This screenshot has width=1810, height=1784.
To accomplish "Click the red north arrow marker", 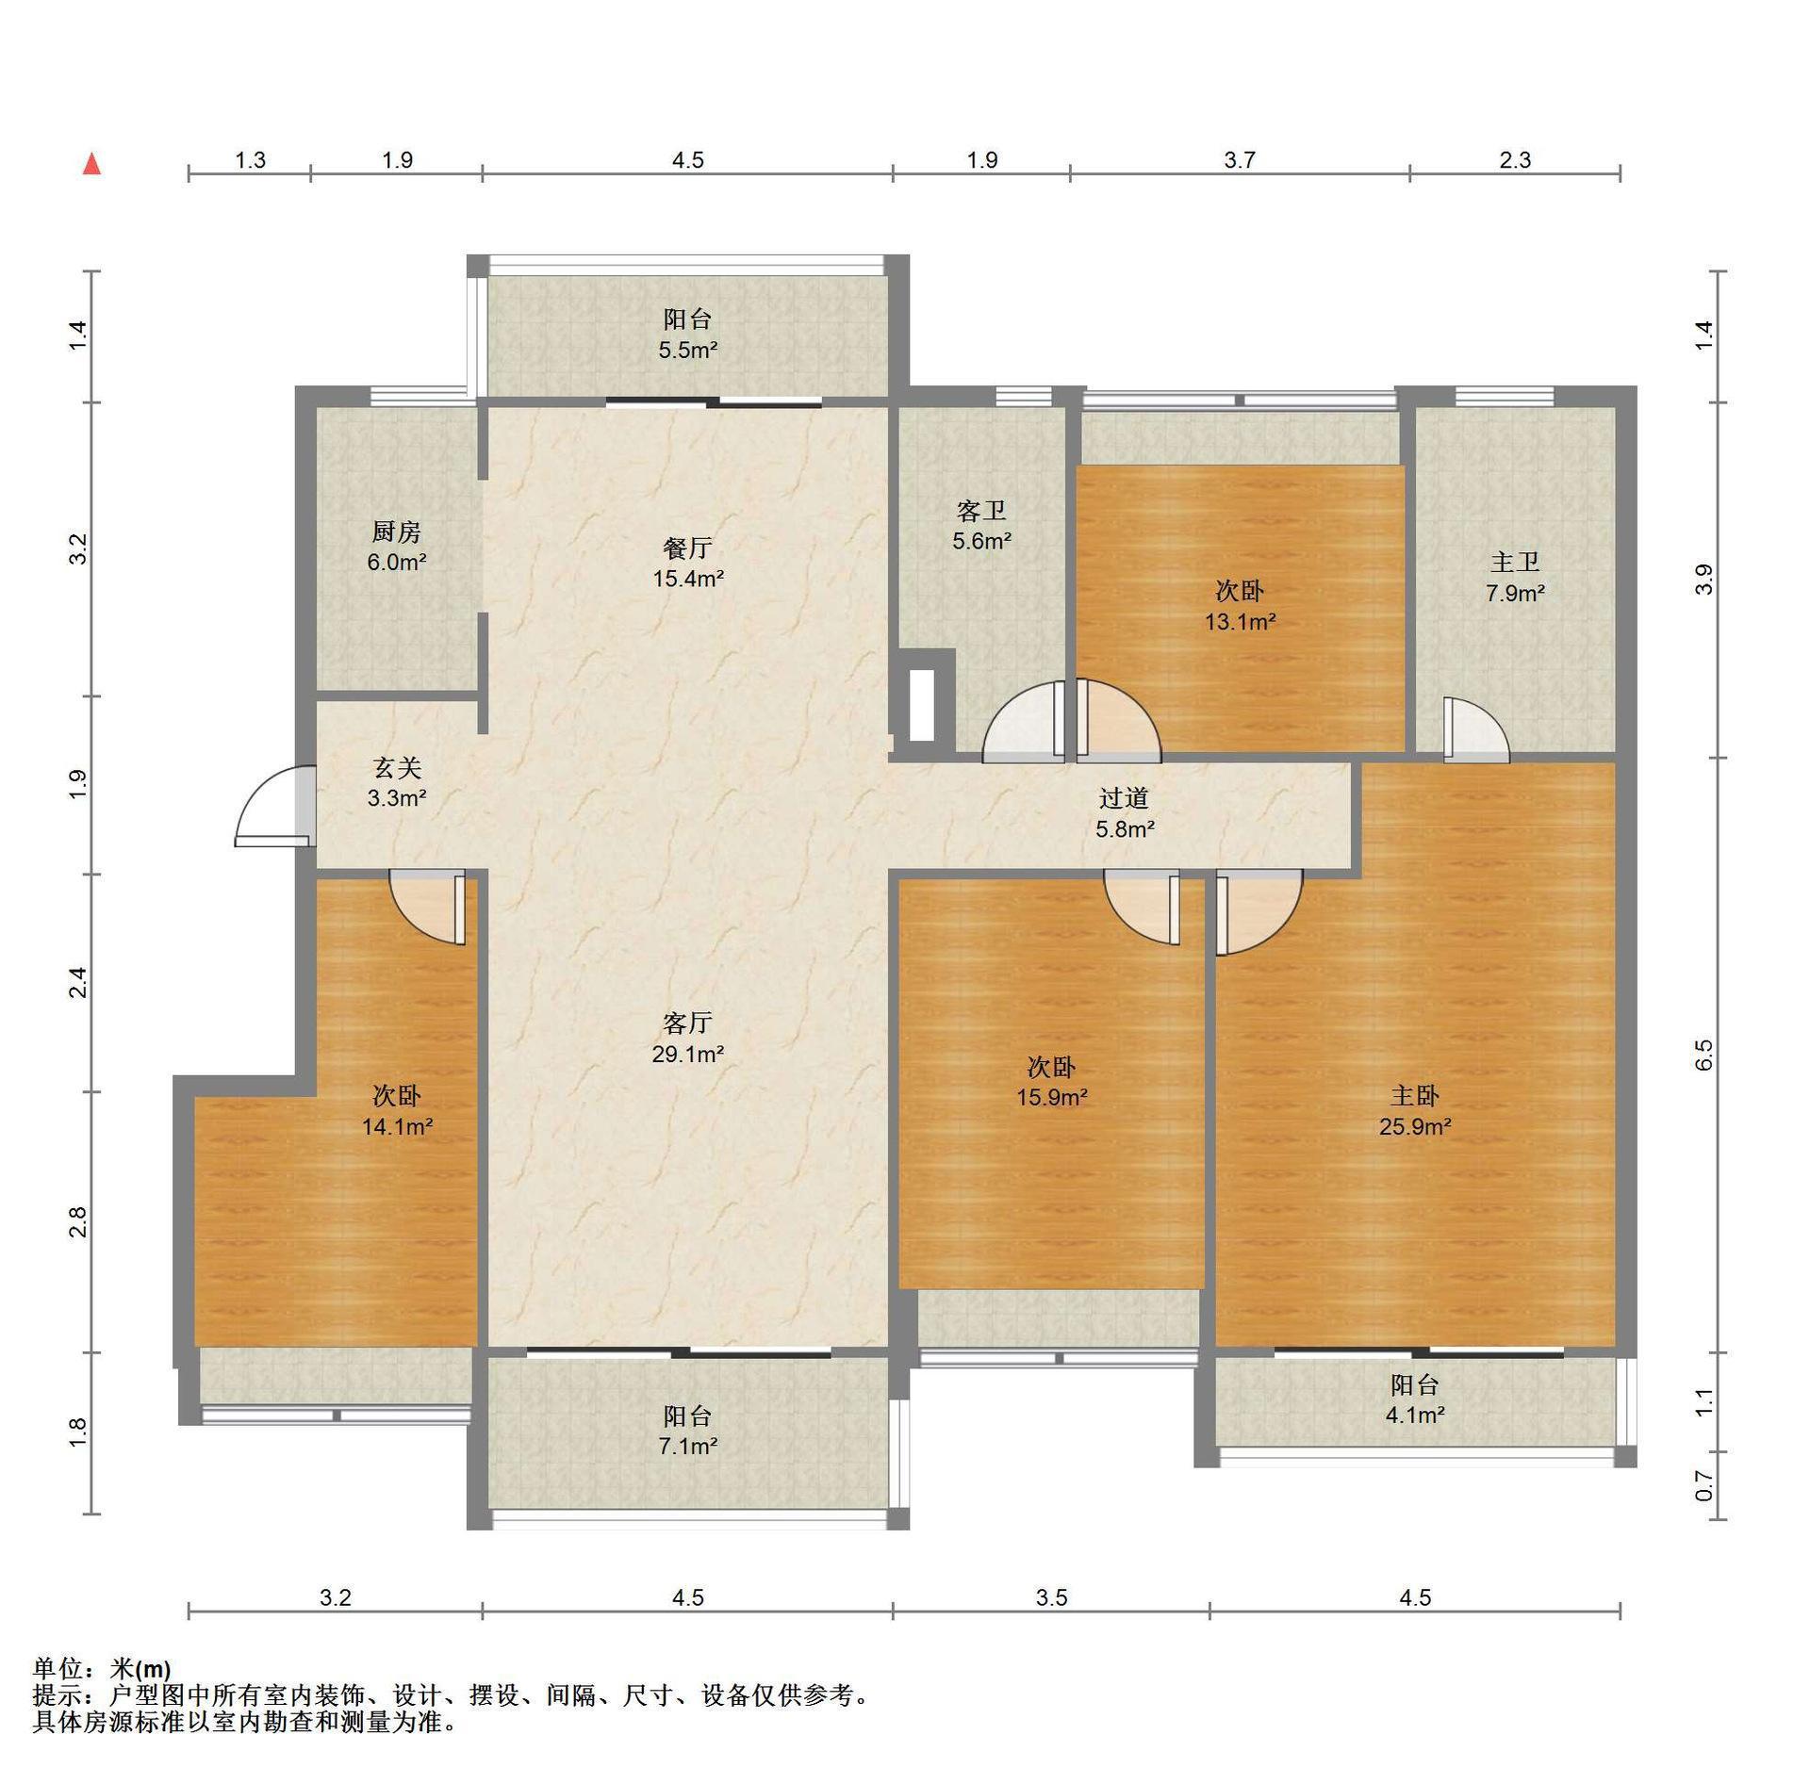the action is pyautogui.click(x=91, y=164).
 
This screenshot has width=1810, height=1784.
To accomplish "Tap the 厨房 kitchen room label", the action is pyautogui.click(x=396, y=532).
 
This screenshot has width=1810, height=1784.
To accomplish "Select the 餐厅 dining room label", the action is pyautogui.click(x=687, y=548).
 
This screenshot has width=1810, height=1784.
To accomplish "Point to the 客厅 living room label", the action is pyautogui.click(x=687, y=1023).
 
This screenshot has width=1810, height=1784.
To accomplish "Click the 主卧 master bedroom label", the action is pyautogui.click(x=1415, y=1095).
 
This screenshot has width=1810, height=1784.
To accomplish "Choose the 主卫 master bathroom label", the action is pyautogui.click(x=1515, y=563).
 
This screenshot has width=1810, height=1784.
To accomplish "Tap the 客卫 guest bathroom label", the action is pyautogui.click(x=981, y=511).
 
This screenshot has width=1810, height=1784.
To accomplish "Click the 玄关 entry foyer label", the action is pyautogui.click(x=396, y=768).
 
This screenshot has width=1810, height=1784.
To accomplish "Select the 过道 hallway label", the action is pyautogui.click(x=1124, y=798).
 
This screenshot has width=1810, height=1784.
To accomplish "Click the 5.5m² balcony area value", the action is pyautogui.click(x=687, y=351).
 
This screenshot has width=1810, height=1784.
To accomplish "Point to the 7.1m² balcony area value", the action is pyautogui.click(x=687, y=1446).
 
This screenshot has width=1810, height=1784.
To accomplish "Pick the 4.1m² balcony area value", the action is pyautogui.click(x=1415, y=1415).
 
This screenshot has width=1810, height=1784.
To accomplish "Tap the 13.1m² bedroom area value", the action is pyautogui.click(x=1240, y=622).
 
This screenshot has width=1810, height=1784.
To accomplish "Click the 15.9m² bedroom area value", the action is pyautogui.click(x=1051, y=1098).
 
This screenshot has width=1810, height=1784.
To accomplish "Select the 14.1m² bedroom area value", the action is pyautogui.click(x=397, y=1126).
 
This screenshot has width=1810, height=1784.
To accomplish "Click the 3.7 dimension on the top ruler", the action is pyautogui.click(x=1240, y=160).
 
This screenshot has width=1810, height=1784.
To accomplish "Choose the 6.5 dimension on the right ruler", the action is pyautogui.click(x=1703, y=1055).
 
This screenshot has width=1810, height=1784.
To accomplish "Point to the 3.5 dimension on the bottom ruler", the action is pyautogui.click(x=1051, y=1597).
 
